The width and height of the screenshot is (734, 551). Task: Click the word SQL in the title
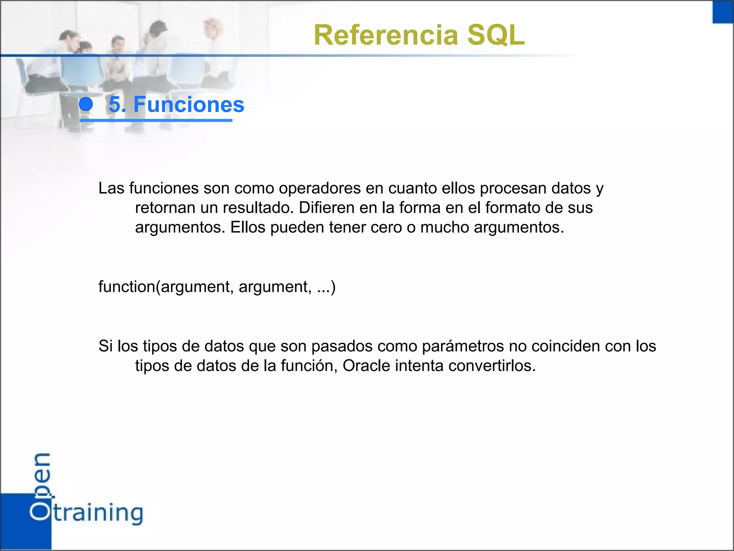click(496, 35)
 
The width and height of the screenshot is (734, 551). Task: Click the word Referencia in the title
click(386, 35)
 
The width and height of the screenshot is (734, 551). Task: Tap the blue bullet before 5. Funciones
click(86, 104)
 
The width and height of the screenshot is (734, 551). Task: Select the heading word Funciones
click(189, 104)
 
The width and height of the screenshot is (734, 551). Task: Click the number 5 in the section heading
click(115, 104)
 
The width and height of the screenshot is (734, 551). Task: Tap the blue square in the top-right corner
click(723, 11)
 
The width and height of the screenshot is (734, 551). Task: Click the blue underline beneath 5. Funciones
click(156, 120)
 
